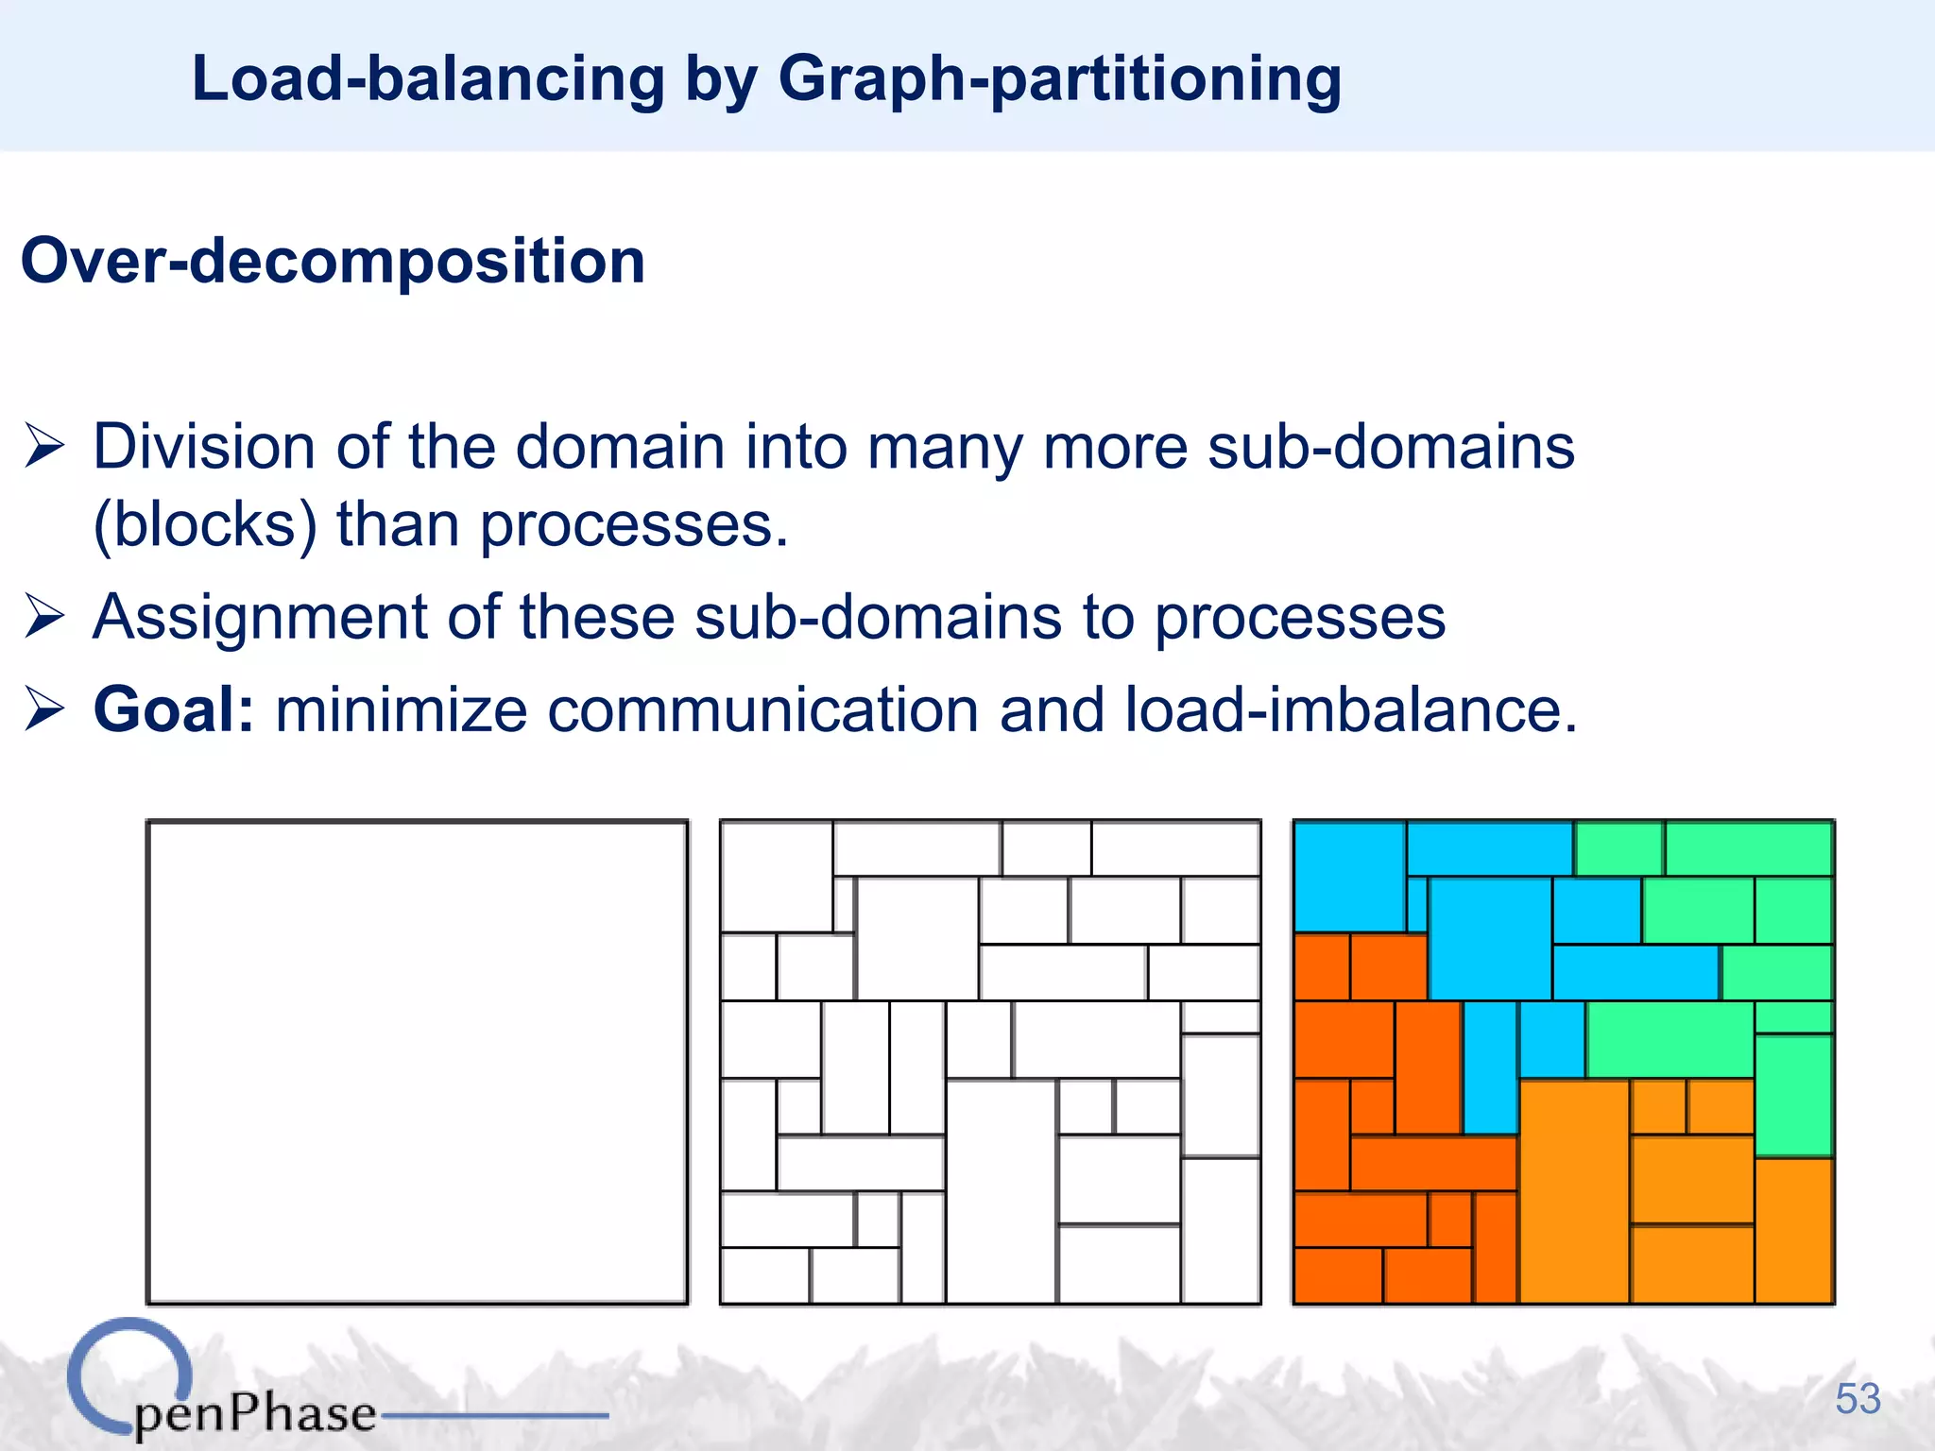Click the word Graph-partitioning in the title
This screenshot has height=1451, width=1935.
tap(1058, 80)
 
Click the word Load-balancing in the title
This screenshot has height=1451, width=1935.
tap(428, 80)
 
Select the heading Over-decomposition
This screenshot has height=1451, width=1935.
tap(333, 262)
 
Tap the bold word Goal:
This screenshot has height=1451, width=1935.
tap(174, 709)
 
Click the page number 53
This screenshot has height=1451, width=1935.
tap(1858, 1399)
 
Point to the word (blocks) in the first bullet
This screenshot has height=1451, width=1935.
tap(204, 524)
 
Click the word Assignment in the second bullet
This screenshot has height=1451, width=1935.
tap(260, 618)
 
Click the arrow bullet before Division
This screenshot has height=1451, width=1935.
tap(44, 446)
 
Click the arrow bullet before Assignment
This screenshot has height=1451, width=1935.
tap(44, 618)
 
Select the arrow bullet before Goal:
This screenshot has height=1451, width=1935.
tap(44, 709)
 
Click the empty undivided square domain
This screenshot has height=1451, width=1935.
tap(417, 1062)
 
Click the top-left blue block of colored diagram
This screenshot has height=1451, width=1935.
tap(1348, 876)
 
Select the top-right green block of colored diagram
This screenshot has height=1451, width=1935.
tap(1748, 848)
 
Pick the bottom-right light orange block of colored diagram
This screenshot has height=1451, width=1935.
tap(1793, 1230)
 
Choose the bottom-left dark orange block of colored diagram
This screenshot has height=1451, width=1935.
tap(1337, 1275)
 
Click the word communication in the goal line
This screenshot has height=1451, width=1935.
tap(762, 709)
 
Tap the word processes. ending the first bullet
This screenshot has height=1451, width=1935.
tap(634, 524)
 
